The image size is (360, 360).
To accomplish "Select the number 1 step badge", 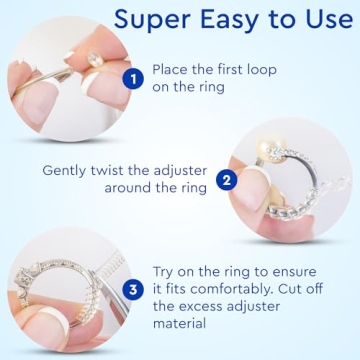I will click(x=130, y=79).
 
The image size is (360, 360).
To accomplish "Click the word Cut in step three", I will click(x=294, y=290).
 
